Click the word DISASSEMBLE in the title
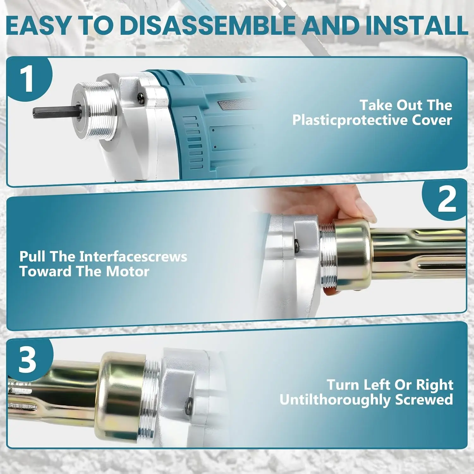point(209,26)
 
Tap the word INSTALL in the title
point(416,26)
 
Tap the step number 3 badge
point(28,360)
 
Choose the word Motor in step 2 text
point(127,271)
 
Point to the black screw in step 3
point(189,403)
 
